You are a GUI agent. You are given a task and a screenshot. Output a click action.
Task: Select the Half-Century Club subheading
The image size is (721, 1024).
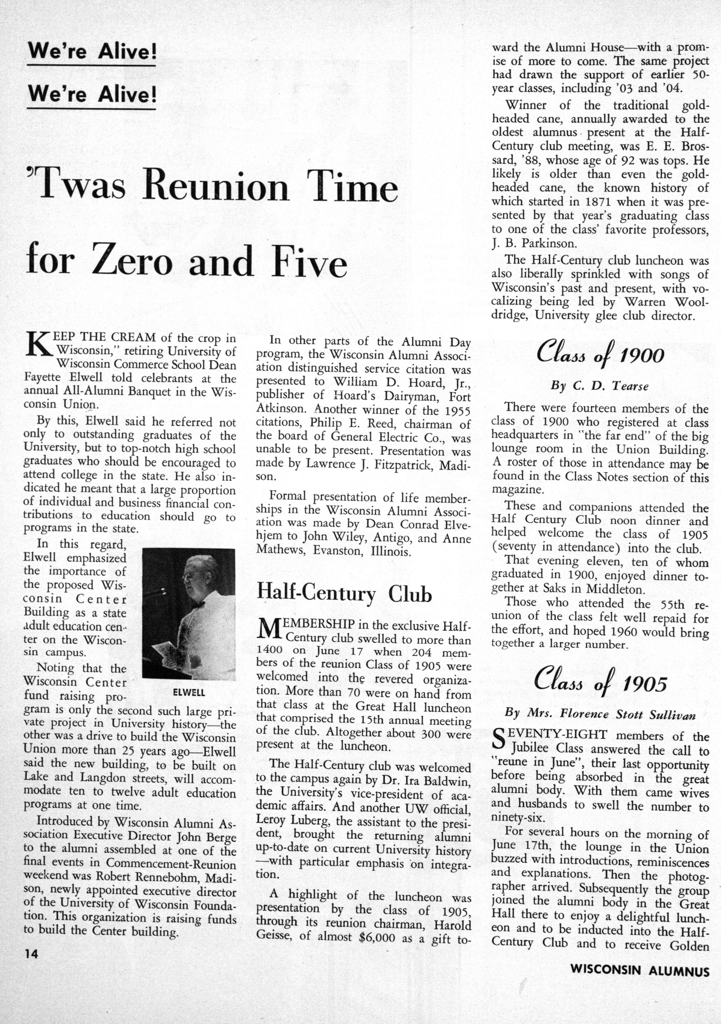coord(344,594)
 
